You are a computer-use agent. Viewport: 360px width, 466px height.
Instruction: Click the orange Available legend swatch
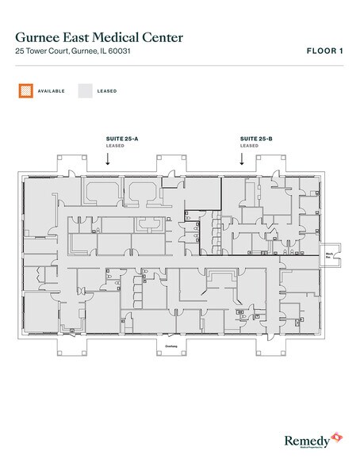pyautogui.click(x=26, y=91)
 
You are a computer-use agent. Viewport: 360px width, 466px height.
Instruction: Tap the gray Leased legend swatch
pyautogui.click(x=85, y=91)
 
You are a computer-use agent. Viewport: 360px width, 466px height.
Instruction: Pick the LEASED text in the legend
pyautogui.click(x=108, y=91)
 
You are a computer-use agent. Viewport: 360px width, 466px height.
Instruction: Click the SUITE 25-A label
pyautogui.click(x=121, y=138)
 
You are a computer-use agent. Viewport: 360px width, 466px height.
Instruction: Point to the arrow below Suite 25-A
pyautogui.click(x=108, y=159)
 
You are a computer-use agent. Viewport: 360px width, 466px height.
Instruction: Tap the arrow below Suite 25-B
pyautogui.click(x=241, y=159)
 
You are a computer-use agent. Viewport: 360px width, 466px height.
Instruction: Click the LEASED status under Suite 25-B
pyautogui.click(x=249, y=146)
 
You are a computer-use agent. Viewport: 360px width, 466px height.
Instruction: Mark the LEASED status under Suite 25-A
pyautogui.click(x=115, y=146)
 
